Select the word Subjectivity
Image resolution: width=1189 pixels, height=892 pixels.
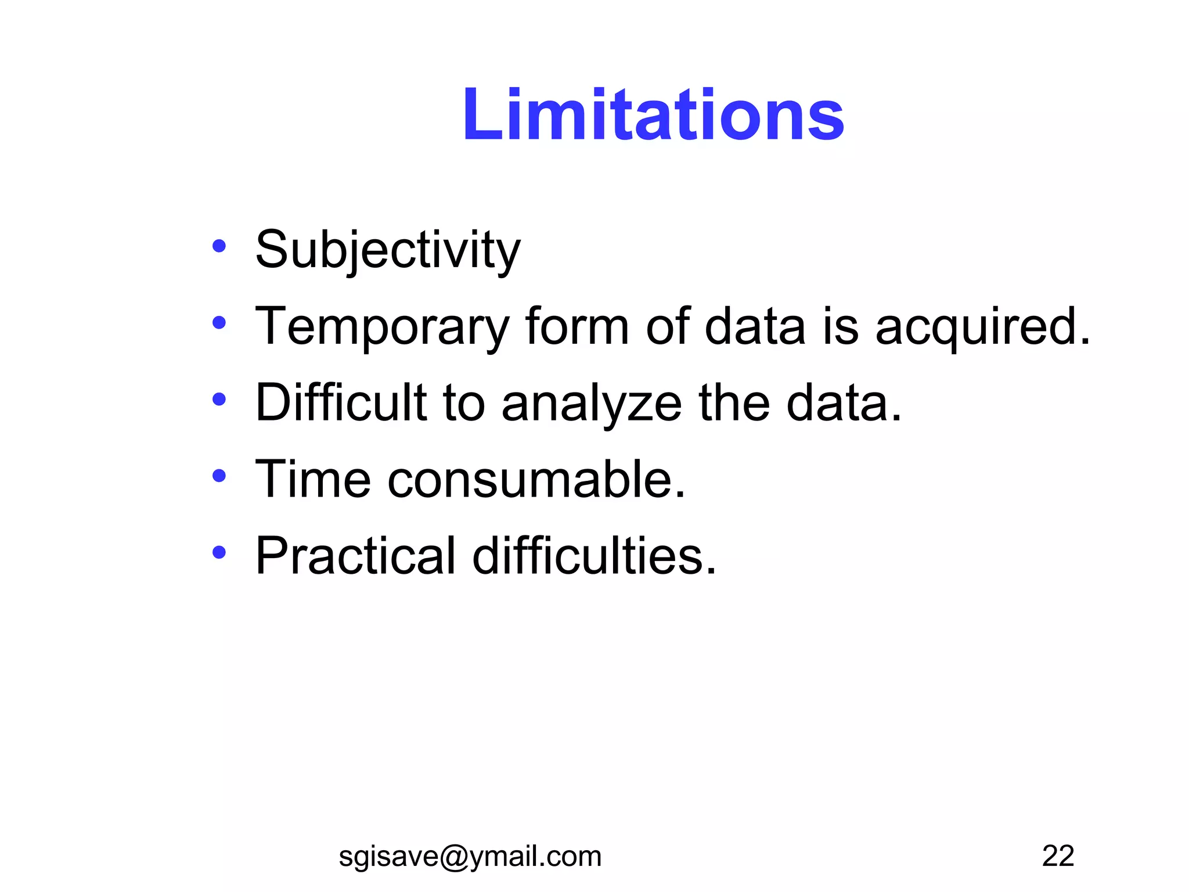pos(388,250)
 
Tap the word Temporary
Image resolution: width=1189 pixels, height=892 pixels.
pos(383,327)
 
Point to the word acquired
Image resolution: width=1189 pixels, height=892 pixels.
pos(982,327)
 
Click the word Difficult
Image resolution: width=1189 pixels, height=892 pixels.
pos(341,402)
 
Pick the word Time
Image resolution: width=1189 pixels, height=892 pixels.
pos(313,479)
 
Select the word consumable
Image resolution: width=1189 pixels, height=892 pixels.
pos(536,479)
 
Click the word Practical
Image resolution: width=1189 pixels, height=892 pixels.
pos(355,556)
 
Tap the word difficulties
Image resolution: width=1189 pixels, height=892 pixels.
pos(594,556)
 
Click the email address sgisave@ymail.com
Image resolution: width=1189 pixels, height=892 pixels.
pos(470,857)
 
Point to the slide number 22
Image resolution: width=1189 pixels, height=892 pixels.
pos(1058,856)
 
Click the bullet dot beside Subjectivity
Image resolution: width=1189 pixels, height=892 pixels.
pos(219,246)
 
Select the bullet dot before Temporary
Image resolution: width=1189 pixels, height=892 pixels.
pos(219,322)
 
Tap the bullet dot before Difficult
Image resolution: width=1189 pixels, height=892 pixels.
pos(219,399)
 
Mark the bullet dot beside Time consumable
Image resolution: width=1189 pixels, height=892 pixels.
pos(219,476)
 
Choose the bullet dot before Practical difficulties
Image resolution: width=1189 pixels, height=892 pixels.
pos(219,552)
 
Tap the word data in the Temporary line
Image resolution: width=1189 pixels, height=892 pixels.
pos(755,326)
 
